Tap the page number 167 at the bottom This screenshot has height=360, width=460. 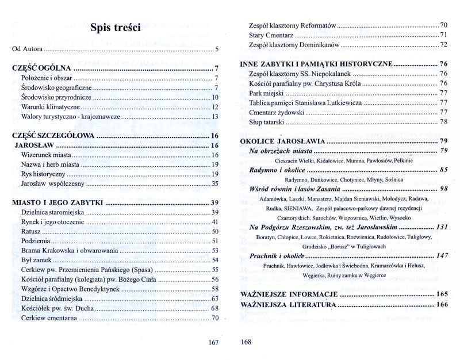213,343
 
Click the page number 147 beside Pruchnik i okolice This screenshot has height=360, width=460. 442,256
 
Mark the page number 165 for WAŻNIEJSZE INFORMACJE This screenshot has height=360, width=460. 442,294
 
